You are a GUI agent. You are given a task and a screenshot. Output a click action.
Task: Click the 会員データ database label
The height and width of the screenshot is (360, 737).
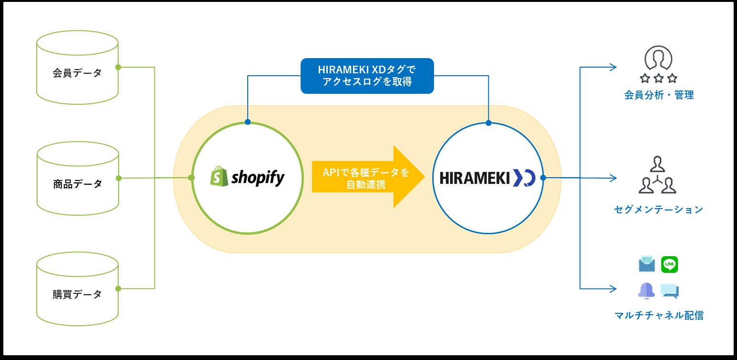[x=77, y=73]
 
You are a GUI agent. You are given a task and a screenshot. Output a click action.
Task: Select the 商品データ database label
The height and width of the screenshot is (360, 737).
[x=77, y=184]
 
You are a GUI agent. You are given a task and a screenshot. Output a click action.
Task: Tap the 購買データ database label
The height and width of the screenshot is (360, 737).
[x=77, y=294]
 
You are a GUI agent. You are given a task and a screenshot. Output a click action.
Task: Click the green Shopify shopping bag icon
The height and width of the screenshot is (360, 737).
[x=219, y=176]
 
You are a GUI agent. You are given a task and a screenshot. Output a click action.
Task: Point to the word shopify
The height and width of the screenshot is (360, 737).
[x=258, y=178]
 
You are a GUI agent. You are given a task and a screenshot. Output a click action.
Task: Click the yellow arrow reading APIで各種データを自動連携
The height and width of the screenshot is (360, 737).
[x=368, y=177]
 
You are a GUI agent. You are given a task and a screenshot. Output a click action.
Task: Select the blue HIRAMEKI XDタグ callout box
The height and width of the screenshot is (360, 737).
[x=367, y=76]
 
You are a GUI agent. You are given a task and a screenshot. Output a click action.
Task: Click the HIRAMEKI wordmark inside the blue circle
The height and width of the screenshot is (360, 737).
[x=475, y=178]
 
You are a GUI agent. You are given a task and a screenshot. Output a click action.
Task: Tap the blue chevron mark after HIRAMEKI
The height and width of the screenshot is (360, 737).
[x=524, y=178]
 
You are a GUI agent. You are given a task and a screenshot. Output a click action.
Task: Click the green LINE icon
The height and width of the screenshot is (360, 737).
[x=669, y=264]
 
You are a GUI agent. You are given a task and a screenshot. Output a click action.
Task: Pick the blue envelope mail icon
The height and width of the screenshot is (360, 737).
[x=647, y=264]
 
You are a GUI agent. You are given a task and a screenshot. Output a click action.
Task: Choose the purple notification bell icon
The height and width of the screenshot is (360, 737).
[x=646, y=291]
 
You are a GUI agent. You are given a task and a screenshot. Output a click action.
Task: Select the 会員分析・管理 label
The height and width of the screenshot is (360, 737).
[x=659, y=95]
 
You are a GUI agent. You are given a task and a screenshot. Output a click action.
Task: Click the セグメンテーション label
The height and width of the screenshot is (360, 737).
[x=658, y=210]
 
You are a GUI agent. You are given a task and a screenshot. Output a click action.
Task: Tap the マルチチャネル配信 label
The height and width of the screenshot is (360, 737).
[x=659, y=315]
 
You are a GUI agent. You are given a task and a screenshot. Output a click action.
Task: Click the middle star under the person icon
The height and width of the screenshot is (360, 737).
[x=658, y=78]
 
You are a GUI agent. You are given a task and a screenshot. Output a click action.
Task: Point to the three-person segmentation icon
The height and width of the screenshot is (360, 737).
[x=657, y=175]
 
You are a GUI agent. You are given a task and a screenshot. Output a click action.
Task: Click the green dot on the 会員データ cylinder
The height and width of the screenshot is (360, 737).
[x=118, y=68]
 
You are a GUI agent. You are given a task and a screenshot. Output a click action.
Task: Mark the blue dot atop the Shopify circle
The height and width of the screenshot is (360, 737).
[x=248, y=122]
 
